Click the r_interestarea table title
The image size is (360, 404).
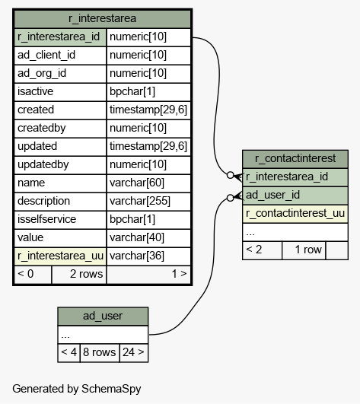point(102,18)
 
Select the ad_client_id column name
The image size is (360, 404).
point(46,55)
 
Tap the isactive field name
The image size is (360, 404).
point(35,91)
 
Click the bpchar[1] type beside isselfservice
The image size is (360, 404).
point(132,219)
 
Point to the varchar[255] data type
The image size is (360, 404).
point(140,201)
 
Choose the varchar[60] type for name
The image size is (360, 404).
point(137,183)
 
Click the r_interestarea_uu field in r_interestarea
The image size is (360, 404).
point(60,256)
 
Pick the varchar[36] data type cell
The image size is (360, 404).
point(137,256)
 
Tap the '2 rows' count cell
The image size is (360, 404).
point(79,275)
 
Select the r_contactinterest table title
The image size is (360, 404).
point(295,158)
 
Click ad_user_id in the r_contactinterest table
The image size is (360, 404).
point(272,195)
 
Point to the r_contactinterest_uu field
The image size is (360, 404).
point(295,213)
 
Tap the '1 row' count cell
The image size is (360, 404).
point(304,250)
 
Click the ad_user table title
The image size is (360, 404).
point(103,316)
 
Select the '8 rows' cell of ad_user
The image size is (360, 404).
point(100,353)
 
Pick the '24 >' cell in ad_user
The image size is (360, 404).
point(134,353)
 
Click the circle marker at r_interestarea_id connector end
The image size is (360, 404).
point(231,175)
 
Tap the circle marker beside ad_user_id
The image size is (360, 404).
point(231,198)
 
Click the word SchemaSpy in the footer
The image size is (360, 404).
point(111,389)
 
